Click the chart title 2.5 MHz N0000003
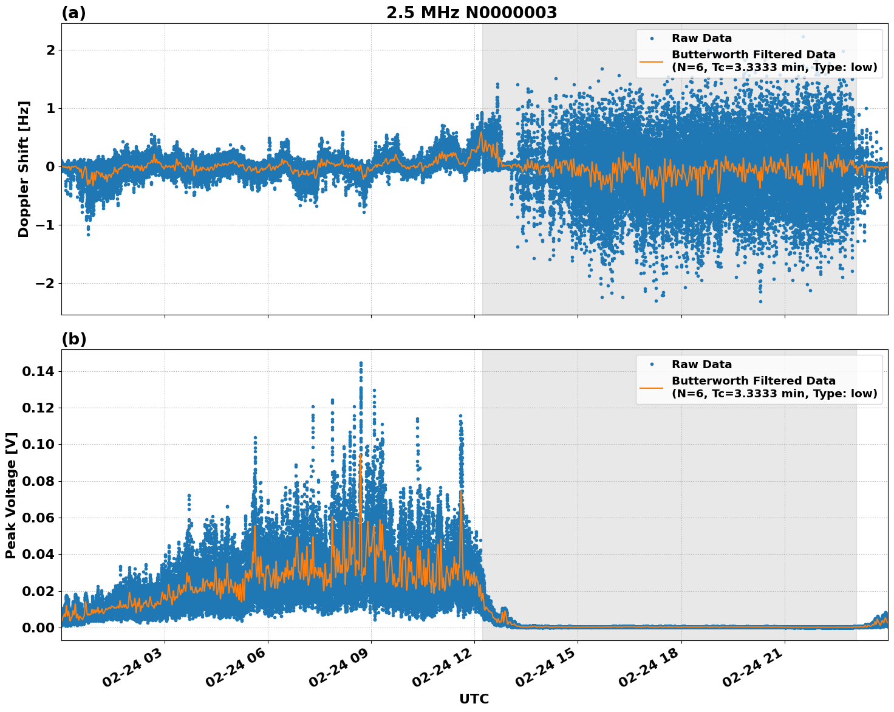[x=471, y=13]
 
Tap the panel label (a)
[x=73, y=13]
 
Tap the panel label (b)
[x=73, y=339]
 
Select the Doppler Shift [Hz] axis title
[x=24, y=169]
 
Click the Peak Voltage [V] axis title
[x=11, y=495]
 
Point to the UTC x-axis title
[x=474, y=699]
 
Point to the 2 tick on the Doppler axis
[x=51, y=50]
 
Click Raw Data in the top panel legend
[x=701, y=38]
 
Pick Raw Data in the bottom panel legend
[x=701, y=365]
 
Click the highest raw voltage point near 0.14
[x=361, y=363]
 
